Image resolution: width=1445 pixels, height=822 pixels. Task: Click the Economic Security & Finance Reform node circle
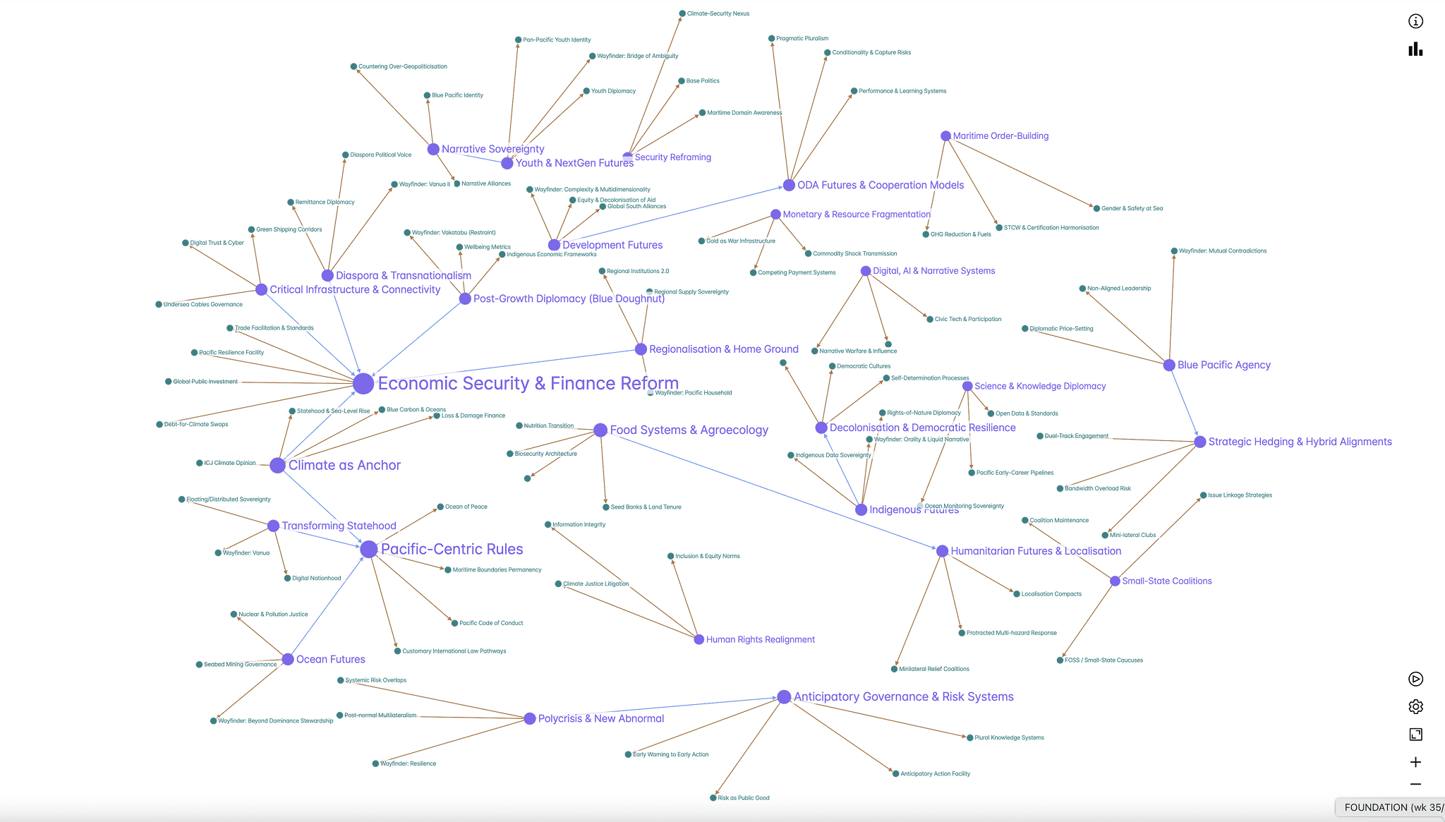point(363,383)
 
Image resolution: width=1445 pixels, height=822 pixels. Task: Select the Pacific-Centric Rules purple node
point(368,549)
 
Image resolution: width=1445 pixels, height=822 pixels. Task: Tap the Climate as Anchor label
point(344,465)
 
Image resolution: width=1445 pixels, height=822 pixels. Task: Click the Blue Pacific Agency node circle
point(1169,365)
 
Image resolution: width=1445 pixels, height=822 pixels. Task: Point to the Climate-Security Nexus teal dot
point(682,13)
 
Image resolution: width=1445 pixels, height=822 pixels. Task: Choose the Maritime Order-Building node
point(945,135)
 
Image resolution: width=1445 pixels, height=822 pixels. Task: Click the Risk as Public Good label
point(744,798)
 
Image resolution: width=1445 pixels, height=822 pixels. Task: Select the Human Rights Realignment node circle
point(699,639)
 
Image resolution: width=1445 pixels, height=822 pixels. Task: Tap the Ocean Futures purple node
point(288,659)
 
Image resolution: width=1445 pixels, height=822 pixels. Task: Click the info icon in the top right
point(1415,21)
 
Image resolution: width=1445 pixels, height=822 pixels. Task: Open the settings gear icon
point(1415,706)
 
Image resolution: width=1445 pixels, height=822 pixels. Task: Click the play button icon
point(1415,679)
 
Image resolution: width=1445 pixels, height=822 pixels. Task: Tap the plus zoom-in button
point(1415,762)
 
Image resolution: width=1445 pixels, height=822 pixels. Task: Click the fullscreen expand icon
point(1415,735)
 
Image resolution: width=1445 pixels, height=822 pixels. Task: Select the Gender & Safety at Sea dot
point(1096,208)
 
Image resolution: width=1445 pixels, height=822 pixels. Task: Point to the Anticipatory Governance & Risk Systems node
point(784,696)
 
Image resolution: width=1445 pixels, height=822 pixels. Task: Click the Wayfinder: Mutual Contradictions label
point(1223,250)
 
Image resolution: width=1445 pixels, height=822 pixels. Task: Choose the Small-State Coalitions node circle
point(1115,581)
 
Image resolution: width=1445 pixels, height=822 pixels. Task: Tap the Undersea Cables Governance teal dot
point(159,305)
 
